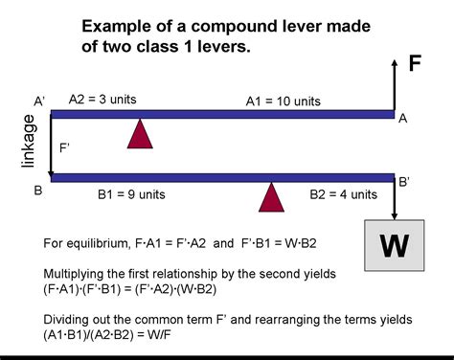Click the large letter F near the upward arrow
coord(414,64)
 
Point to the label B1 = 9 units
coord(131,193)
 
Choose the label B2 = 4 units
coord(343,193)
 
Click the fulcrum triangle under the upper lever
coord(141,133)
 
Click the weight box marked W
coord(394,244)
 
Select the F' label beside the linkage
coord(66,148)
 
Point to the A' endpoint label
coord(39,101)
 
